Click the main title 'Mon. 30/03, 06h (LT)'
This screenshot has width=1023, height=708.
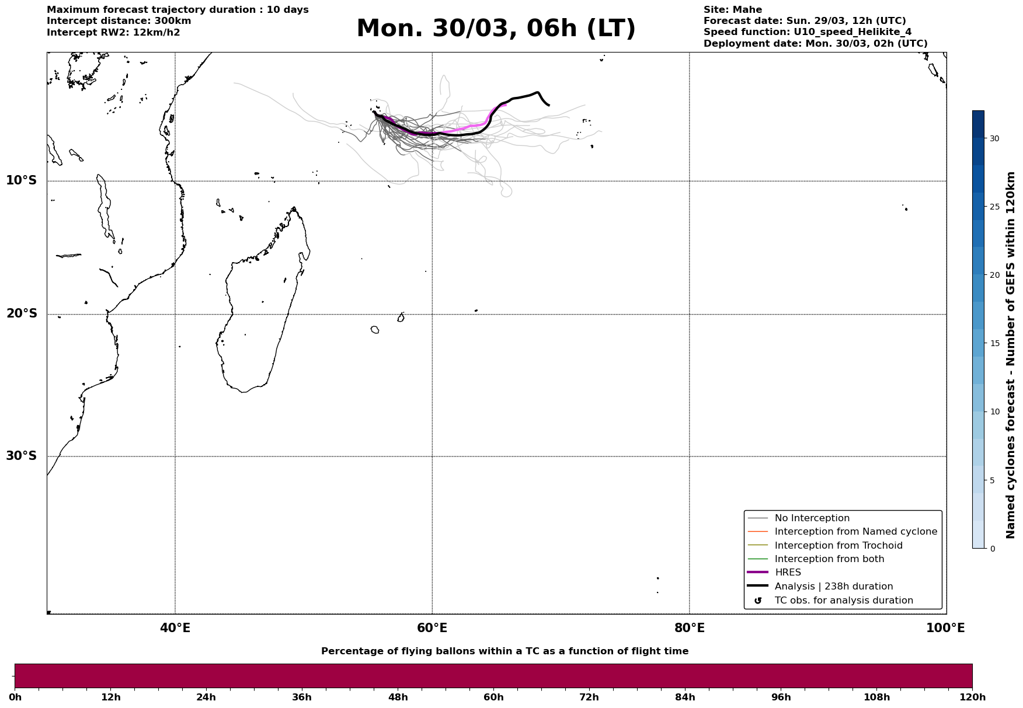(x=496, y=29)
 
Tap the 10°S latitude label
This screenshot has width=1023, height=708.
(x=22, y=180)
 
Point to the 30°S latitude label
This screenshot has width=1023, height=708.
(x=22, y=456)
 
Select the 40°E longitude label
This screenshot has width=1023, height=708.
(x=175, y=628)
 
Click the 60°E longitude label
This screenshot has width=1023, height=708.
(x=432, y=628)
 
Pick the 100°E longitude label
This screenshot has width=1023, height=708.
(x=945, y=628)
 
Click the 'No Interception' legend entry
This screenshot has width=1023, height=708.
(x=812, y=518)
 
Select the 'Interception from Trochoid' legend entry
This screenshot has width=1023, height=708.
(x=838, y=546)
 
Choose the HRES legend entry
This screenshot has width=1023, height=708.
(x=788, y=573)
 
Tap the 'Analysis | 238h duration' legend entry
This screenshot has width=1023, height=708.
(x=833, y=587)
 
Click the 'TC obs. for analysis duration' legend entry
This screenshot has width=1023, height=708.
(x=844, y=601)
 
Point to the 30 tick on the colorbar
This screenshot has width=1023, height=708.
(x=994, y=138)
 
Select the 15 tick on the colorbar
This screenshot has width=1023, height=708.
(x=994, y=343)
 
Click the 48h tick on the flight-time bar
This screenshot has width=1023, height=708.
(x=398, y=697)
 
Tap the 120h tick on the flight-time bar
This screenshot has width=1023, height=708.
(x=972, y=697)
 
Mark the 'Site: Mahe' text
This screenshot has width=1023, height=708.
(x=732, y=10)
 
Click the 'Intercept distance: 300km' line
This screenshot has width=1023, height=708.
(x=119, y=21)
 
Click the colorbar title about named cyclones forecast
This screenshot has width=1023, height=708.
(x=1011, y=355)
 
